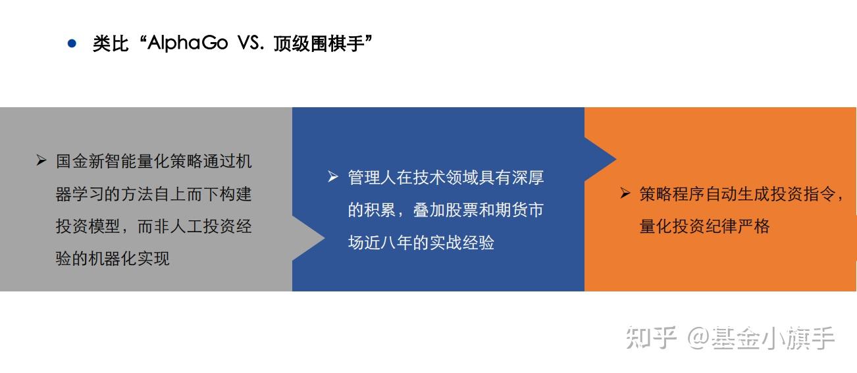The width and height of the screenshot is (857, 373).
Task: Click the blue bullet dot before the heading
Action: (72, 43)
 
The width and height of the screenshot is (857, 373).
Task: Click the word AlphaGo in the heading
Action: (188, 43)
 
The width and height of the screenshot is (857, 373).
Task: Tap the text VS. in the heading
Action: (251, 43)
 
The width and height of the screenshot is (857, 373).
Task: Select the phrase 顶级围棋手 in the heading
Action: (319, 43)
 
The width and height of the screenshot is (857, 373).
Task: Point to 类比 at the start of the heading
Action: (110, 43)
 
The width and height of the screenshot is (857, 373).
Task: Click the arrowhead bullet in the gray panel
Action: (41, 160)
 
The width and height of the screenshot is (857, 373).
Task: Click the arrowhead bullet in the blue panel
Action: (333, 177)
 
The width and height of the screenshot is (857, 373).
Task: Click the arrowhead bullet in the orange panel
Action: (625, 193)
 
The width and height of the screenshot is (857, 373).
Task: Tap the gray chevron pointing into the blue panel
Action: (308, 238)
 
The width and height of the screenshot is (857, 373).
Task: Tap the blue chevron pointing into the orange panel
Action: (600, 159)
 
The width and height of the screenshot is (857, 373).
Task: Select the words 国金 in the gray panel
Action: (72, 161)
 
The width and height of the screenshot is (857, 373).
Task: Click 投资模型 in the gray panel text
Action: (88, 226)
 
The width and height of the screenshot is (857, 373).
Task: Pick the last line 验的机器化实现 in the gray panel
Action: (113, 259)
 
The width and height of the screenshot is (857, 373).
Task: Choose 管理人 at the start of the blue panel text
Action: (372, 178)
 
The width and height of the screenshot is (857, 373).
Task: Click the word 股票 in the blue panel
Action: (462, 210)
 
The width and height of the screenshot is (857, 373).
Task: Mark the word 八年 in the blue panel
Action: (397, 243)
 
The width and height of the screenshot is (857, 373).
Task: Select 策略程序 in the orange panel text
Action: (672, 194)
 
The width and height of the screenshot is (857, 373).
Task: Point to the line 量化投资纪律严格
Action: (704, 226)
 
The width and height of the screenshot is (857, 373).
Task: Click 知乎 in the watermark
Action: (651, 337)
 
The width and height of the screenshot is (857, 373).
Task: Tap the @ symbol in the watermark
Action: (698, 338)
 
